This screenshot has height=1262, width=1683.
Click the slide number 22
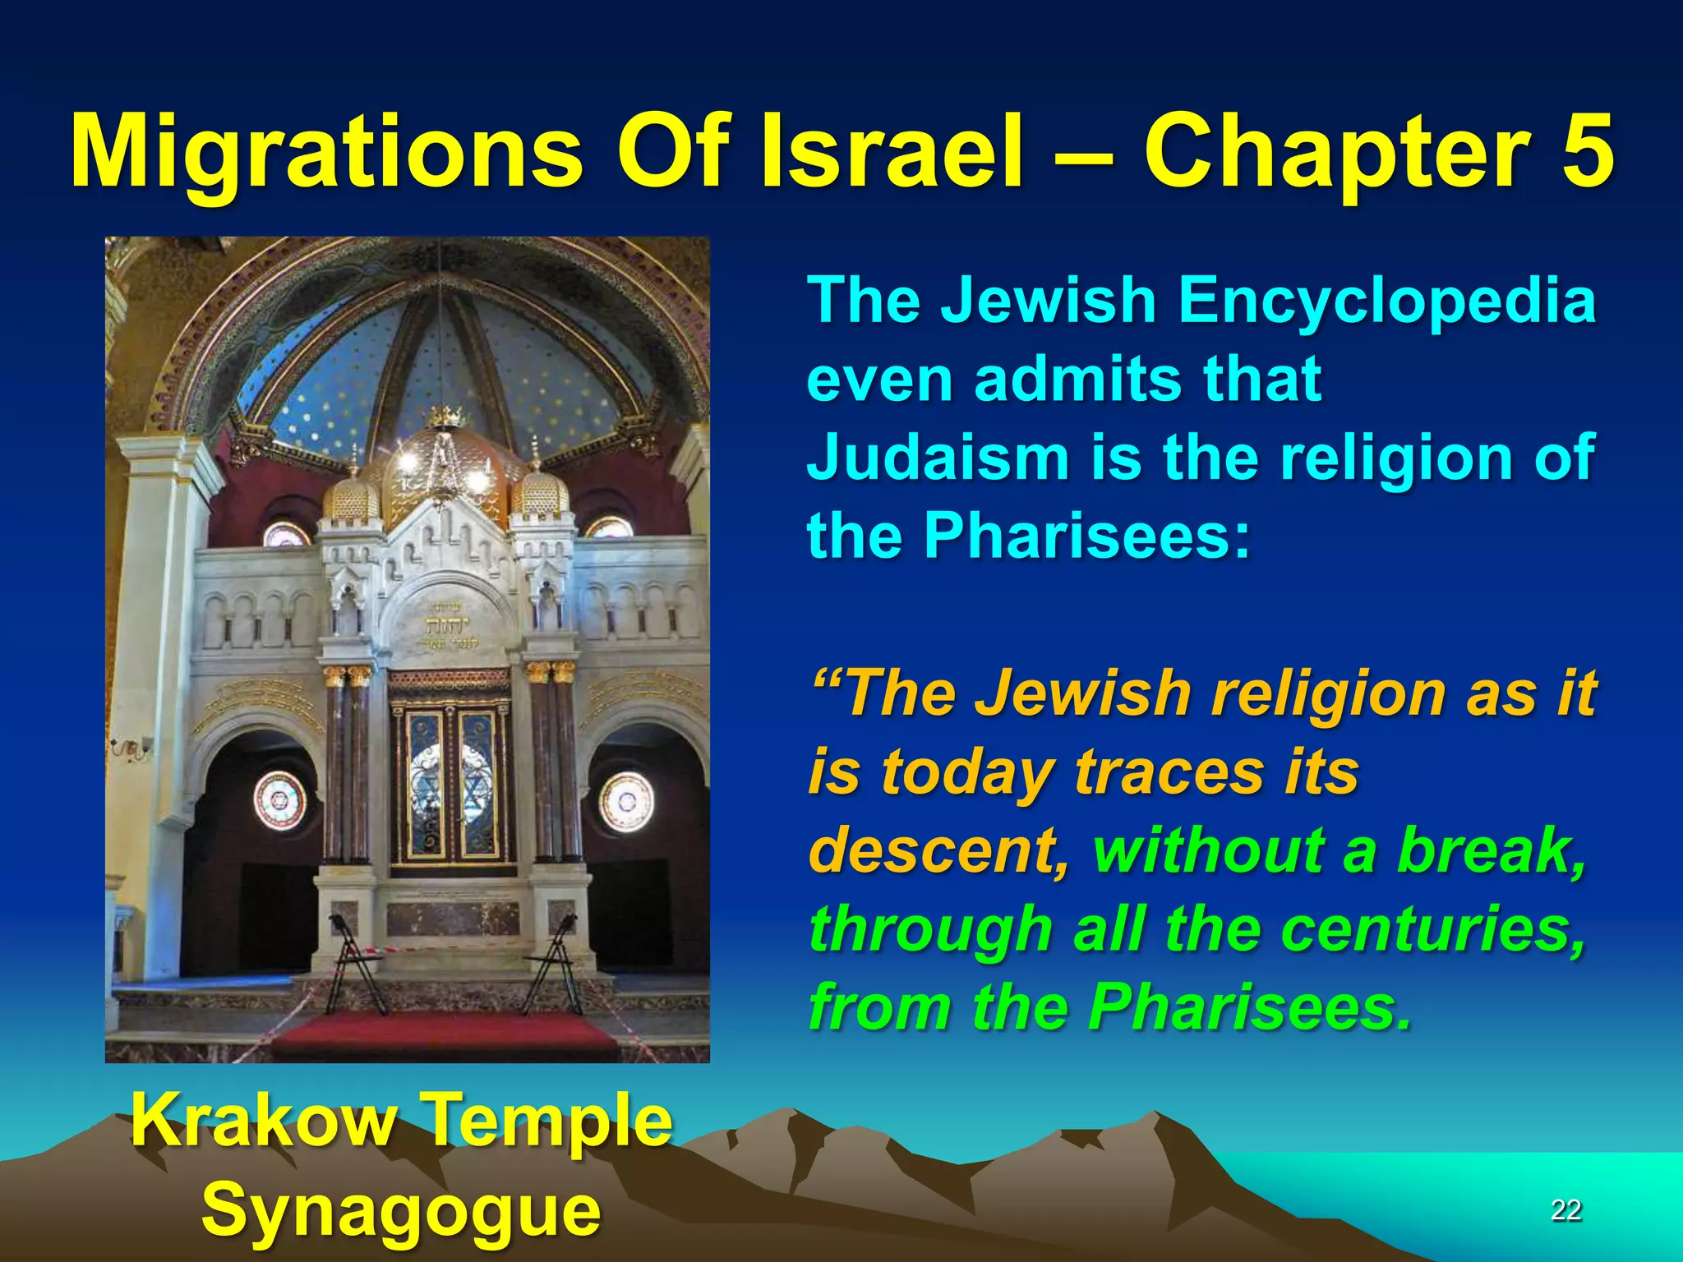1565,1209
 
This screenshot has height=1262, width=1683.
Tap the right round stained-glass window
626,800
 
